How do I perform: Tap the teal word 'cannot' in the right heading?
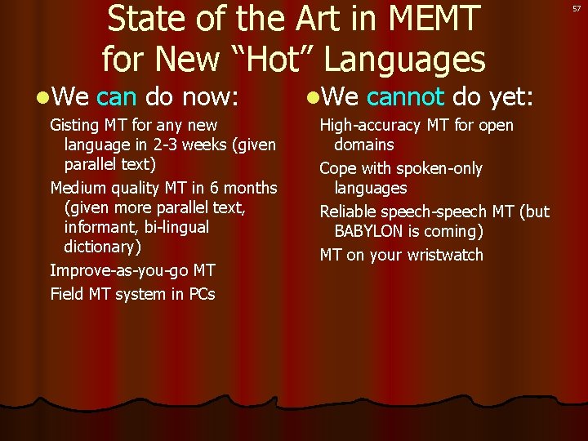tap(405, 98)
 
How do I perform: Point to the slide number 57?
tap(577, 7)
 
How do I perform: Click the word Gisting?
tap(76, 126)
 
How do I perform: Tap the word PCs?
tap(202, 294)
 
